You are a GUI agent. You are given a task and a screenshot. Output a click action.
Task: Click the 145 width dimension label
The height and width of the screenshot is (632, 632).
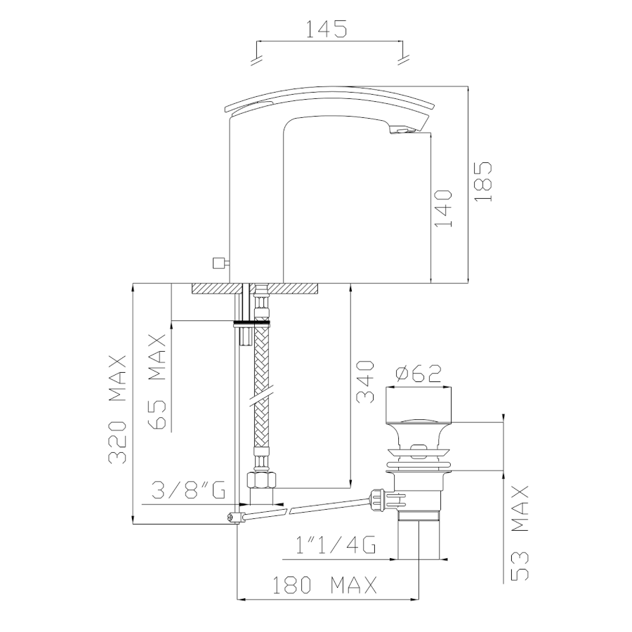click(326, 29)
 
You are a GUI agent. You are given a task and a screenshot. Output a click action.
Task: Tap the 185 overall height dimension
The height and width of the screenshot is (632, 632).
click(483, 182)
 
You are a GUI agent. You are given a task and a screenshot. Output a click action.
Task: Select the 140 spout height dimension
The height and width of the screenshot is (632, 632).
click(443, 209)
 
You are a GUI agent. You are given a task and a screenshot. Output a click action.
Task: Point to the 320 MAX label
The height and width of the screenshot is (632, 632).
click(117, 409)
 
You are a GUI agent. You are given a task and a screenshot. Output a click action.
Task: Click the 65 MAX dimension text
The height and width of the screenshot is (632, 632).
click(157, 382)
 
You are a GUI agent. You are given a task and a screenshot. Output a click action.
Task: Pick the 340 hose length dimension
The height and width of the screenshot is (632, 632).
click(365, 382)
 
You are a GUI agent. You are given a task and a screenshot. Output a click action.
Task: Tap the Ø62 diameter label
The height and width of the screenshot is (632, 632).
click(419, 374)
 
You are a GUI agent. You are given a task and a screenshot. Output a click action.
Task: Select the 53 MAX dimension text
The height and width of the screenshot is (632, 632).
click(520, 533)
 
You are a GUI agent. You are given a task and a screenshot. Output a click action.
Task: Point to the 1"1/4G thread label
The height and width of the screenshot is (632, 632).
click(336, 545)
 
